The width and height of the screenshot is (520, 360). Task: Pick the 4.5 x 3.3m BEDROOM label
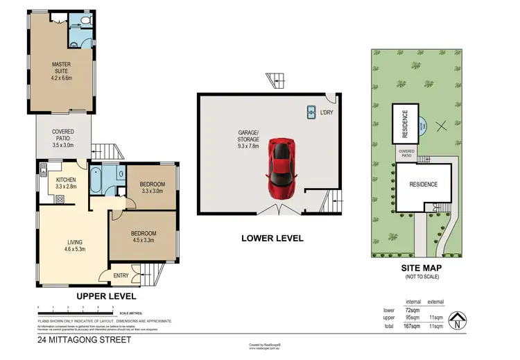coord(144,237)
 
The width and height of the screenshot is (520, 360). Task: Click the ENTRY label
coord(121,276)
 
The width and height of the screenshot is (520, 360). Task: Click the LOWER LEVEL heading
coord(272,238)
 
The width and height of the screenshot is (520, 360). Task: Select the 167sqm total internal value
coord(413,325)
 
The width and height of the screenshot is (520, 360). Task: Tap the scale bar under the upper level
coord(76,310)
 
